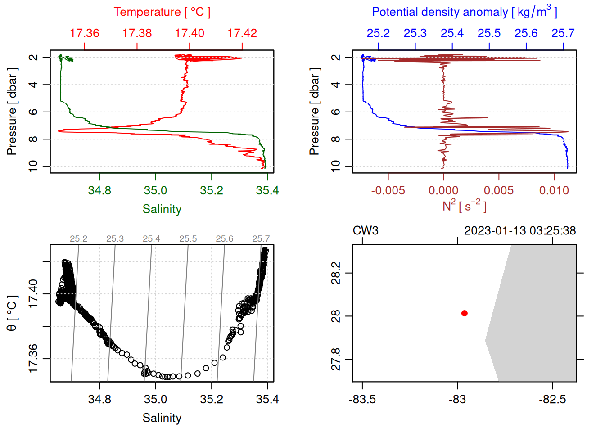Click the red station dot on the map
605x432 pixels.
[465, 313]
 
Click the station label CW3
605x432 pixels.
[366, 231]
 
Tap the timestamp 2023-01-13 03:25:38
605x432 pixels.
[520, 231]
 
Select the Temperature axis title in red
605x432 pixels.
[162, 12]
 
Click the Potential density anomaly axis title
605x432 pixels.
[464, 12]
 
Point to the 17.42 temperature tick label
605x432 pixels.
[242, 33]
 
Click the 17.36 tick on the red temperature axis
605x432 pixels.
[85, 33]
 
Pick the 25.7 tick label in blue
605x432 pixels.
[563, 33]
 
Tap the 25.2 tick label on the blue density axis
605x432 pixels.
[378, 33]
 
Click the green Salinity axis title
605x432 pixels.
[162, 209]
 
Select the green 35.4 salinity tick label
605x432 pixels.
[267, 190]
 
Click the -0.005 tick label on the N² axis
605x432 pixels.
[388, 190]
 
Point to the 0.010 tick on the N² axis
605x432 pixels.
[554, 190]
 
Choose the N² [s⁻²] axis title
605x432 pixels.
[464, 206]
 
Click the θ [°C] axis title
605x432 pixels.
[12, 313]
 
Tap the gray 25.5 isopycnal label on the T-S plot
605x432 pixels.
[188, 239]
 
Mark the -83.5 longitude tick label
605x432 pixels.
[362, 399]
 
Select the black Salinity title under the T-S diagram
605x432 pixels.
[162, 418]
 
